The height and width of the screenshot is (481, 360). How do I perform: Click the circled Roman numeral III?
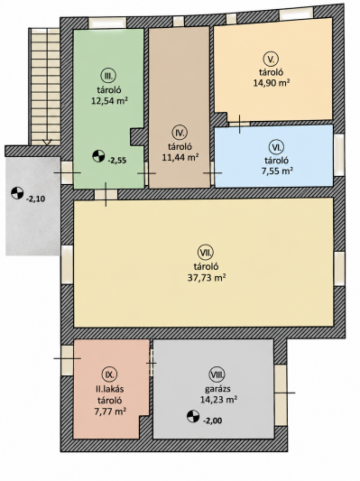(x=108, y=76)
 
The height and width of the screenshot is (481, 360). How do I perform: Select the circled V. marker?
(x=271, y=59)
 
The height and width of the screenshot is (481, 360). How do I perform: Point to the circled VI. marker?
(x=278, y=147)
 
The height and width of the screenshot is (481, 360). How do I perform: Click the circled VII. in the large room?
(x=206, y=253)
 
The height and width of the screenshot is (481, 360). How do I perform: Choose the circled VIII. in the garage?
(x=217, y=375)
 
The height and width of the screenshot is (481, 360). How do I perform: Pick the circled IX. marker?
(x=109, y=375)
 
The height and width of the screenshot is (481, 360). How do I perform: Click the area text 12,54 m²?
(x=109, y=100)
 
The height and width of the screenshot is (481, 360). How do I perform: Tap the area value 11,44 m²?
(x=180, y=157)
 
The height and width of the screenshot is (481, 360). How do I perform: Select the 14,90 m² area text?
(x=272, y=83)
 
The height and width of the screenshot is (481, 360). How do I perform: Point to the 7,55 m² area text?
(x=276, y=171)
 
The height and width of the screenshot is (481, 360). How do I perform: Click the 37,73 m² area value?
(x=207, y=278)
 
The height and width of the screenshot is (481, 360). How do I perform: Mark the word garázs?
(x=217, y=389)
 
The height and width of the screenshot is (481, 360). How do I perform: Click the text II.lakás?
(x=109, y=389)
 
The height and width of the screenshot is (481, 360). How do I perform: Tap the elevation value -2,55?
(x=117, y=160)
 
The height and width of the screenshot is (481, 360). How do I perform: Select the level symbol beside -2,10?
(x=17, y=193)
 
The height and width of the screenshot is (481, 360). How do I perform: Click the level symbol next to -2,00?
(x=193, y=416)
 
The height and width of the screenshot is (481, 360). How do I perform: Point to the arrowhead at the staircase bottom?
(x=47, y=143)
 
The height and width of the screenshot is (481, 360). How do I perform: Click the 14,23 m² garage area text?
(x=218, y=400)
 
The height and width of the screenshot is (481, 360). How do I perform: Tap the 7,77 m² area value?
(x=110, y=412)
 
